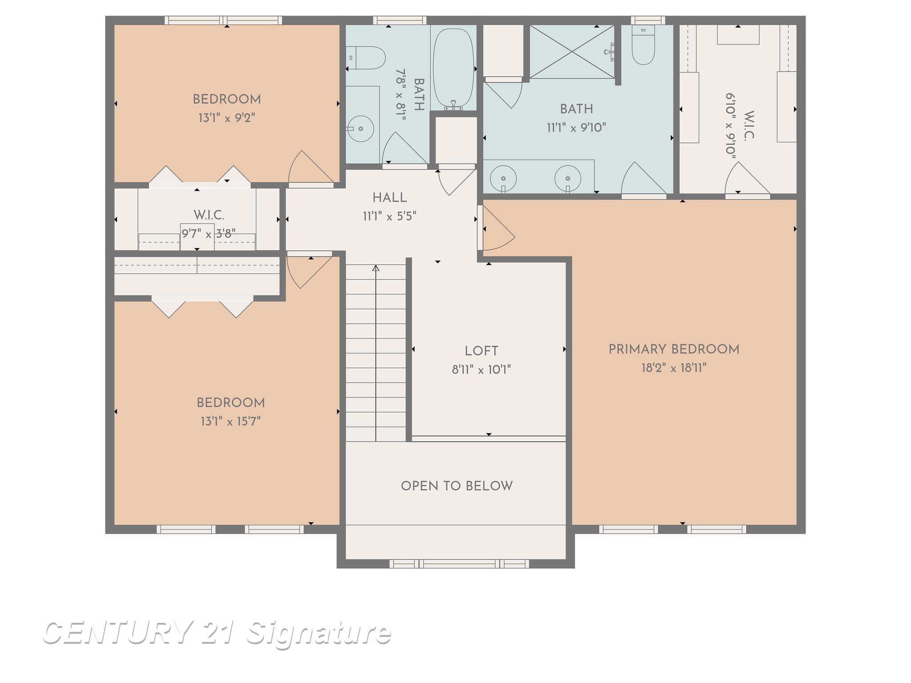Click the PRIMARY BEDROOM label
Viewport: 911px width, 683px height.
tap(673, 350)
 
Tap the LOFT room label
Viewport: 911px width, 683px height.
tap(481, 351)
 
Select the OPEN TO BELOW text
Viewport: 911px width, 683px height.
tap(457, 486)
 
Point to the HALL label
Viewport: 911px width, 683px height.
tap(390, 198)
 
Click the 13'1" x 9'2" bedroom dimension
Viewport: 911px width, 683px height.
tap(227, 118)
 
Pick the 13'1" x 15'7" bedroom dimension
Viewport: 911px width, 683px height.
tap(230, 421)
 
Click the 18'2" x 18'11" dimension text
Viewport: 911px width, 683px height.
tap(673, 368)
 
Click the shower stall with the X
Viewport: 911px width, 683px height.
tap(572, 52)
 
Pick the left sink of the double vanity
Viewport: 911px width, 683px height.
tap(503, 178)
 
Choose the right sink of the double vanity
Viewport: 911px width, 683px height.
tap(568, 178)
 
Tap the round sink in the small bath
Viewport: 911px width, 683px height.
tap(360, 129)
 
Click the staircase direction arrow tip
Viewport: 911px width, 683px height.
tap(376, 268)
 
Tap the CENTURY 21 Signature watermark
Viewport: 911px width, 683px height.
tap(217, 633)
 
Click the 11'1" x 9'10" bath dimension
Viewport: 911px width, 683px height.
tap(576, 128)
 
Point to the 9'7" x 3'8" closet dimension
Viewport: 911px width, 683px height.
tap(208, 233)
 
